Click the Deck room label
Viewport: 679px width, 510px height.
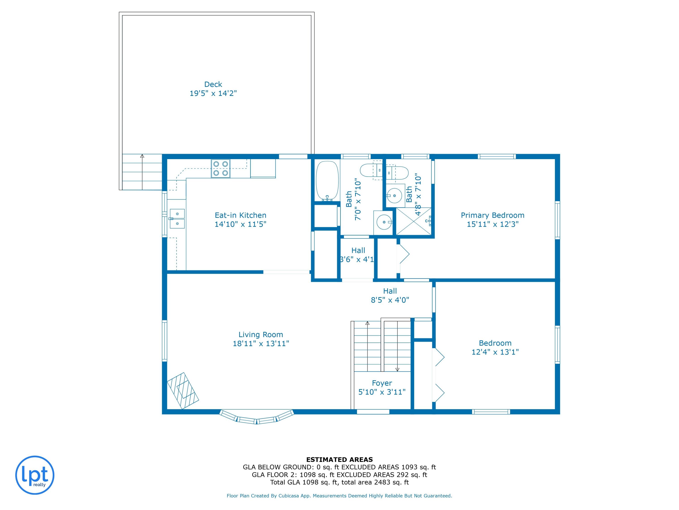coord(213,84)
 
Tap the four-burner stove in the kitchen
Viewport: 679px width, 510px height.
coord(221,168)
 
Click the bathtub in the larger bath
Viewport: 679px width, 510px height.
coord(327,181)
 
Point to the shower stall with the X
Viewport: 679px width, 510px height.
coord(414,221)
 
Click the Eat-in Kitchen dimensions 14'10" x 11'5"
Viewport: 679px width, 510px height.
coord(240,224)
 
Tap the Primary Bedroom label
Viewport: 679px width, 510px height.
coord(492,215)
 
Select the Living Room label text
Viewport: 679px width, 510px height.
coord(261,335)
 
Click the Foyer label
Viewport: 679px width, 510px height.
coord(382,383)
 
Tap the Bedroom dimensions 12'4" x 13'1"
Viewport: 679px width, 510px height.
coord(495,352)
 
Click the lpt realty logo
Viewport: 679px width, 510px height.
coord(35,475)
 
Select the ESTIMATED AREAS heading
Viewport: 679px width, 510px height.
coord(339,460)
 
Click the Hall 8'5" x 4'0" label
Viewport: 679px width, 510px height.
coord(390,295)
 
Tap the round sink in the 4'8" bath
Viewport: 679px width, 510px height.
coord(394,194)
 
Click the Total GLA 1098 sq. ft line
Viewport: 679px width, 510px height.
coord(339,482)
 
